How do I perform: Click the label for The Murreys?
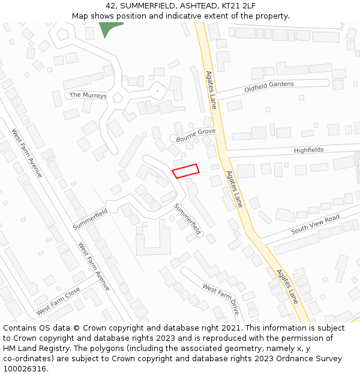click(x=88, y=95)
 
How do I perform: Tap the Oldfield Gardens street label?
click(x=269, y=87)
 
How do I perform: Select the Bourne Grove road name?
click(x=196, y=134)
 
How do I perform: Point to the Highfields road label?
click(x=308, y=150)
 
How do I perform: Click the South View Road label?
click(x=315, y=224)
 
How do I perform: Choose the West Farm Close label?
click(x=58, y=302)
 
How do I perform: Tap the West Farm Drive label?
click(x=221, y=299)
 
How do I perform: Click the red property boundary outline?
click(x=185, y=171)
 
